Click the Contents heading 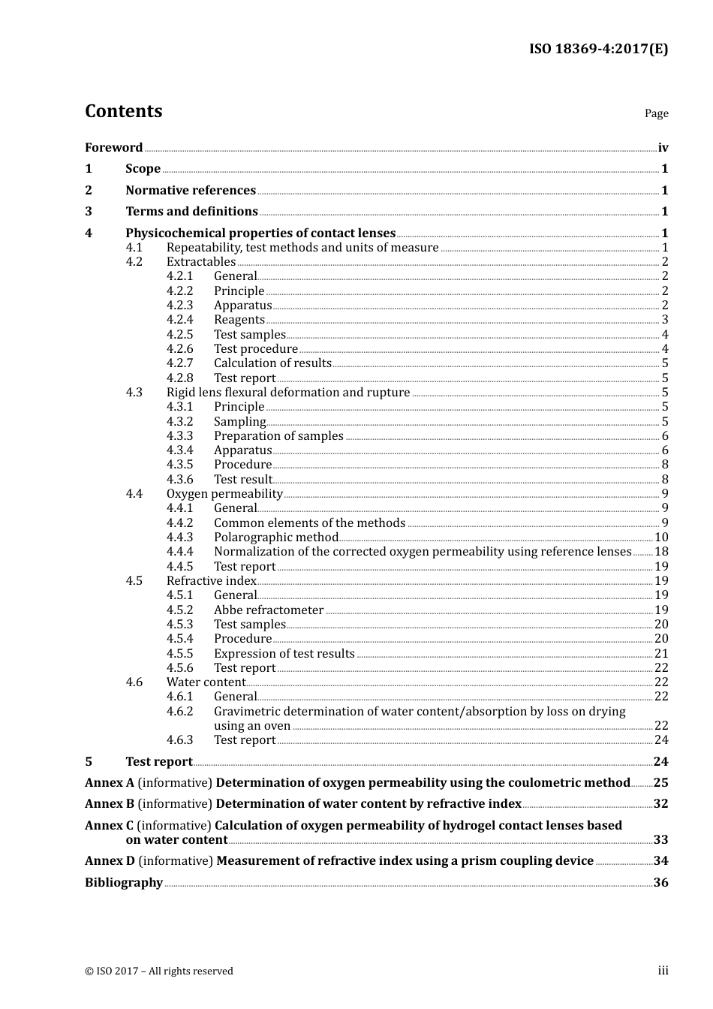point(123,111)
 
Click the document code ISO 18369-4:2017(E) point(598,49)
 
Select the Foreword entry point(113,148)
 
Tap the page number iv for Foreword point(663,148)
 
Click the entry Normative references point(191,191)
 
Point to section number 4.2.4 point(179,320)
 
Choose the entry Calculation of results point(272,363)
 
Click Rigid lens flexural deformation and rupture point(288,393)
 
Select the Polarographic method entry point(276,538)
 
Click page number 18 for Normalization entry point(661,552)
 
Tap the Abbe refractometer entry point(269,610)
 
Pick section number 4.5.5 point(179,654)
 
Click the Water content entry point(206,682)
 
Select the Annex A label point(110,783)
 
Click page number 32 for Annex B point(660,804)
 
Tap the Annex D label point(110,861)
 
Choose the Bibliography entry point(124,883)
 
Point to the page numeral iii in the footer point(663,971)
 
